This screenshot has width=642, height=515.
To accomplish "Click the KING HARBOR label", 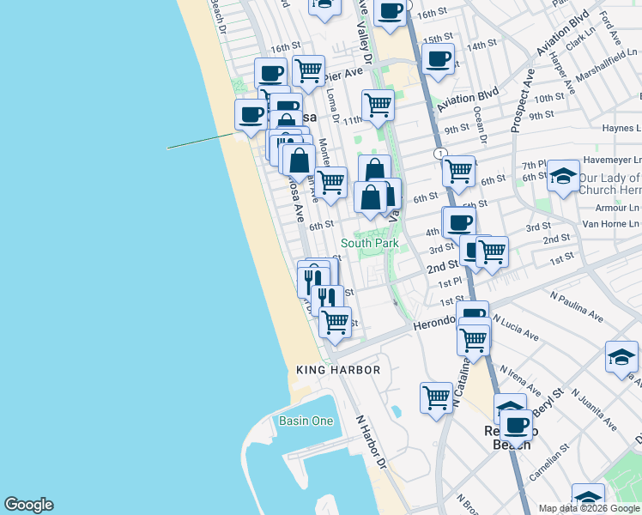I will [338, 370].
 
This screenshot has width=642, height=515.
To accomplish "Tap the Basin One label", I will [306, 421].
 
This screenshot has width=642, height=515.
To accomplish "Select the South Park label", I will [369, 244].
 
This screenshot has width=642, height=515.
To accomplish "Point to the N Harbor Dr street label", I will [372, 443].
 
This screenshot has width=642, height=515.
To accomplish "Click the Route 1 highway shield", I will [440, 154].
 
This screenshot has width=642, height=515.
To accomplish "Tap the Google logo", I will [28, 505].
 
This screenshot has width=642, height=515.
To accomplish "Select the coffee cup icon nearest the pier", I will [251, 114].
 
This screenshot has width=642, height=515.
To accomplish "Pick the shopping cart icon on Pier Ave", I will [308, 70].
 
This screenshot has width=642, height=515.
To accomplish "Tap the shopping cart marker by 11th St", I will [378, 105].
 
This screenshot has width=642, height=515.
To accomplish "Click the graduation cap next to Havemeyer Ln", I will [563, 176].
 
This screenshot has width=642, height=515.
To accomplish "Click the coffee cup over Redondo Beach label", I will [517, 424].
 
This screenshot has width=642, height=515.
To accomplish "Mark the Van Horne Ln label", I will [610, 222].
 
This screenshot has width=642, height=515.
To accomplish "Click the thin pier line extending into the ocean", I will [199, 141].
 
